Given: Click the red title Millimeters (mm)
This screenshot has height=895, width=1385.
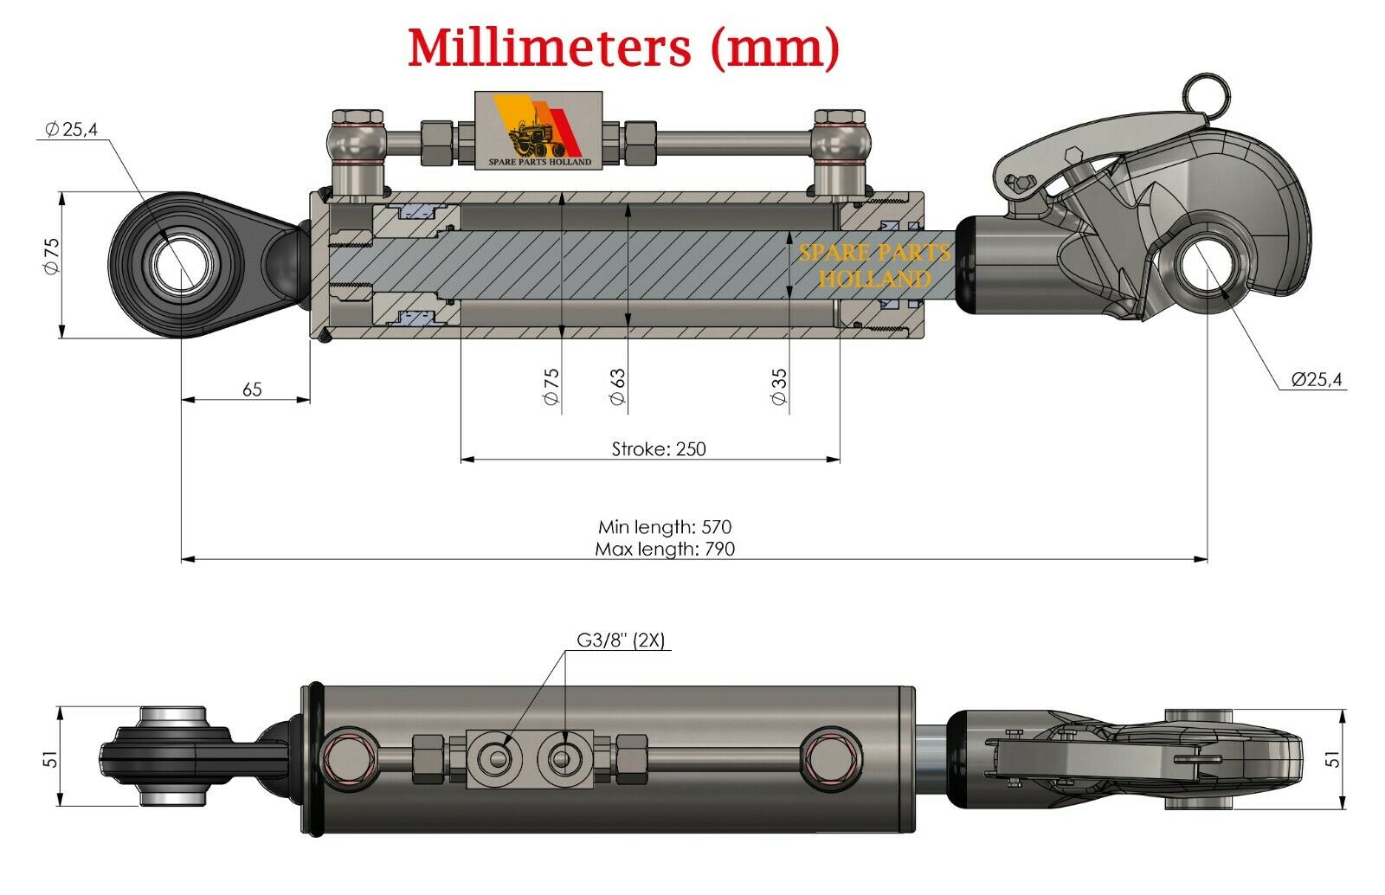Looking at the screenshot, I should click(623, 48).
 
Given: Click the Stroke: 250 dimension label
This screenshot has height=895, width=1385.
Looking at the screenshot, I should click(659, 448).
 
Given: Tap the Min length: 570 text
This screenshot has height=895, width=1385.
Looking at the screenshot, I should click(665, 526).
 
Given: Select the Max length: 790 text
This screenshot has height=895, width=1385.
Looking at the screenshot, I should click(665, 548).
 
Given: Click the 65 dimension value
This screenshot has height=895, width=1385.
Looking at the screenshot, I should click(252, 390).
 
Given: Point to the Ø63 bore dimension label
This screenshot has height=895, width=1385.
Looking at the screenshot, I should click(617, 386).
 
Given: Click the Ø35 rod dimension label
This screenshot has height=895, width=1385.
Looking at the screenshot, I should click(778, 386).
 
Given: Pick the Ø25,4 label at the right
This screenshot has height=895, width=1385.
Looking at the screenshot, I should click(1316, 379).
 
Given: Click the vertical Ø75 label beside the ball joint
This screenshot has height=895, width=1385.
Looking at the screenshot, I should click(51, 256).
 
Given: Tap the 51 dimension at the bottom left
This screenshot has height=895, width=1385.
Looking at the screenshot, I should click(51, 757).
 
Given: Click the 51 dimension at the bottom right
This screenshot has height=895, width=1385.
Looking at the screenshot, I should click(1334, 757).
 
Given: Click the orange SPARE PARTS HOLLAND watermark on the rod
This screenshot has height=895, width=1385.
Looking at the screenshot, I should click(874, 266).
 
